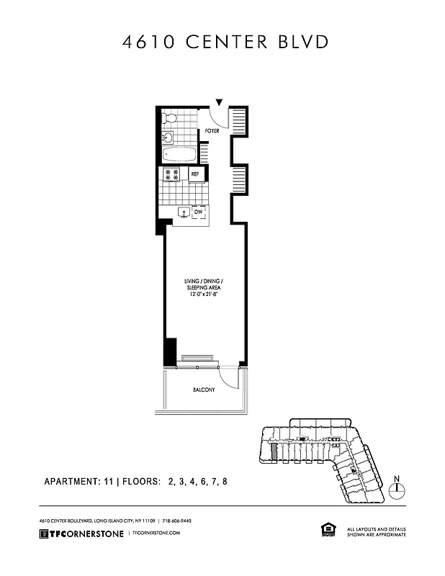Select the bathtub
(180, 155)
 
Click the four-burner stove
(172, 174)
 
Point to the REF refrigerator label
(195, 174)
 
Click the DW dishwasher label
(198, 212)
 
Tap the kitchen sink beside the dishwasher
(183, 213)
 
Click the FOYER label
(212, 131)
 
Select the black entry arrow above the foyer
(220, 103)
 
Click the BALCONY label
(204, 390)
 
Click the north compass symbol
(397, 489)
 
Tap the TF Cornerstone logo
(81, 533)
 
